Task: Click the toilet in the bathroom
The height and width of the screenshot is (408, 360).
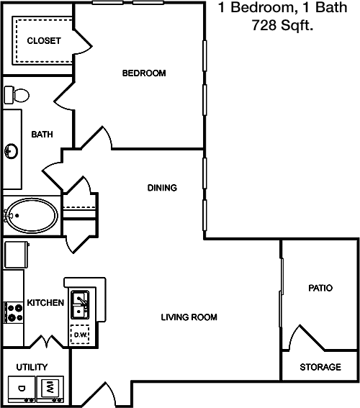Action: (17, 95)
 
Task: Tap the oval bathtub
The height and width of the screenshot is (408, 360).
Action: (32, 215)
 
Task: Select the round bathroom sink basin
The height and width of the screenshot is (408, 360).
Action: (12, 151)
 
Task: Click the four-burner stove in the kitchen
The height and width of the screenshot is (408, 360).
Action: (14, 312)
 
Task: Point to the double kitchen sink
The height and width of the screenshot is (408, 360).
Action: (80, 305)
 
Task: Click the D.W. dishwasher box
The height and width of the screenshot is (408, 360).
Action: (80, 335)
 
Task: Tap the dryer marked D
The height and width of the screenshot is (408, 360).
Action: (22, 389)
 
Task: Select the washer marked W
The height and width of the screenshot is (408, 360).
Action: (50, 389)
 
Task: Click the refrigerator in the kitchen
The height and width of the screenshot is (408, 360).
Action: (16, 255)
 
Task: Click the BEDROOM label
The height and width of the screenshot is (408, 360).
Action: (144, 73)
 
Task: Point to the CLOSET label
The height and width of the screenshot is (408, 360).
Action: (44, 40)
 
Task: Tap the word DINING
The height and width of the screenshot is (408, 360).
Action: (162, 188)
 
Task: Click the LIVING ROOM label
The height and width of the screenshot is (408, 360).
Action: (189, 317)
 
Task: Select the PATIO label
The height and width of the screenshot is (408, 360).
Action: (320, 288)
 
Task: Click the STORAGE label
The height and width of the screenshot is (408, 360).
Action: (320, 367)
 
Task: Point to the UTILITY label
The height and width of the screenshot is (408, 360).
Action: (32, 367)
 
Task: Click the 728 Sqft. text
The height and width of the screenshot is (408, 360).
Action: (282, 25)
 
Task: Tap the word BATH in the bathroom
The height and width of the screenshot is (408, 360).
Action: (42, 135)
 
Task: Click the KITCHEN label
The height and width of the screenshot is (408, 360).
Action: (45, 303)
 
